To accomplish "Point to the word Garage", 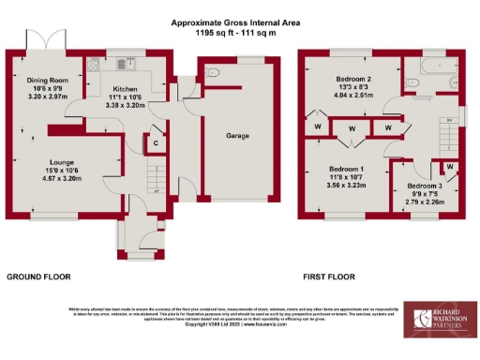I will click(236, 135).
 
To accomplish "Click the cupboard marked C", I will click(155, 143).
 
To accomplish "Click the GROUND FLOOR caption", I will click(38, 277).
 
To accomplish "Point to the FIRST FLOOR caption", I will click(327, 277).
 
